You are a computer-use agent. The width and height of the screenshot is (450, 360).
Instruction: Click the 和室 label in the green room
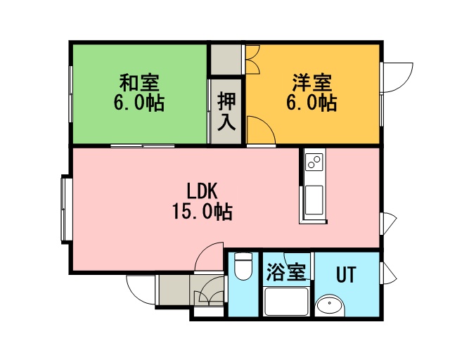[139, 82]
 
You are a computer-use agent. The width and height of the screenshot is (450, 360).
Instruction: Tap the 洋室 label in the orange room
[312, 82]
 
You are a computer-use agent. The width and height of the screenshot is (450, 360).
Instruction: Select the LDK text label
[202, 191]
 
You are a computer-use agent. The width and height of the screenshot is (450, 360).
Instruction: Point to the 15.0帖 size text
[202, 212]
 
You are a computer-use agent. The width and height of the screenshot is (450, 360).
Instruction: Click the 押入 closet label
[226, 111]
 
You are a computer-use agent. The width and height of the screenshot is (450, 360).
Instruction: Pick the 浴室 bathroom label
[286, 272]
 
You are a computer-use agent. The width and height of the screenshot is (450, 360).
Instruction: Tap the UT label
[346, 274]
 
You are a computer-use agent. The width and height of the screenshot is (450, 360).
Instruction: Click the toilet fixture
[243, 266]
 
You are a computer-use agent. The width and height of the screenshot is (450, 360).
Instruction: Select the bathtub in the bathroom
[286, 302]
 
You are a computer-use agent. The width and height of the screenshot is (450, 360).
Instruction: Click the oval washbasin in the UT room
[330, 306]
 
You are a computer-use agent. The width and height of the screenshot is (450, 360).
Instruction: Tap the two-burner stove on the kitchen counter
[314, 162]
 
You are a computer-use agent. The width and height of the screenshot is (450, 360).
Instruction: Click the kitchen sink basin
[314, 200]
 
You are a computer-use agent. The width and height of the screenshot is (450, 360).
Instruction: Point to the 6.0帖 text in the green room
[139, 103]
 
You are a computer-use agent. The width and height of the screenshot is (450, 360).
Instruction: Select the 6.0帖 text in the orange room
[311, 103]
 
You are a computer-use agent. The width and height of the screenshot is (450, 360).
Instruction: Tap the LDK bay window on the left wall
[65, 210]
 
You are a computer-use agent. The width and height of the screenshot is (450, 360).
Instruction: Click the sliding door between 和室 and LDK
[143, 146]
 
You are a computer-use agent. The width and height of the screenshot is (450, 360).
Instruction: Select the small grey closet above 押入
[226, 60]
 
